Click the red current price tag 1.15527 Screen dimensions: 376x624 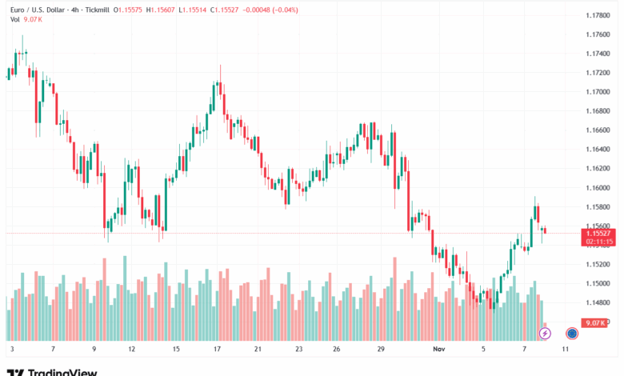coord(598,232)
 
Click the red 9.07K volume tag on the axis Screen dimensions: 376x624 coord(596,322)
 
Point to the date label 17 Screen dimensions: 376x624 coord(217,350)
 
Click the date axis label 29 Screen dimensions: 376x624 coord(381,350)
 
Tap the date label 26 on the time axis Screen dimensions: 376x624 coord(337,350)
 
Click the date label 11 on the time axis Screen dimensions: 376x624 coord(566,350)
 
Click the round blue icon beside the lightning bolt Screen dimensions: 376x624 coord(572,333)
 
